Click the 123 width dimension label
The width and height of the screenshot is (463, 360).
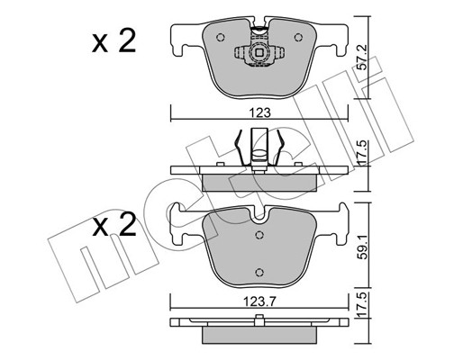tap(259, 113)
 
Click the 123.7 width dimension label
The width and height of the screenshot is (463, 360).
tap(260, 301)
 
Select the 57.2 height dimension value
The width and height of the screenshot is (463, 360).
tap(363, 62)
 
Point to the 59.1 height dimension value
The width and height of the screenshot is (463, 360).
tap(364, 250)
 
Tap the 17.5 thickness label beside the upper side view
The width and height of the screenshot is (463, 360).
tap(363, 151)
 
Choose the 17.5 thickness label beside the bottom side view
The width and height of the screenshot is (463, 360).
tap(363, 305)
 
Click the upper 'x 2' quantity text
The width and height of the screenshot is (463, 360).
tap(113, 41)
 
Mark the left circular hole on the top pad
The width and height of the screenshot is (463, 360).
tap(221, 37)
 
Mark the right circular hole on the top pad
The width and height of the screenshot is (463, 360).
tap(298, 37)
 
